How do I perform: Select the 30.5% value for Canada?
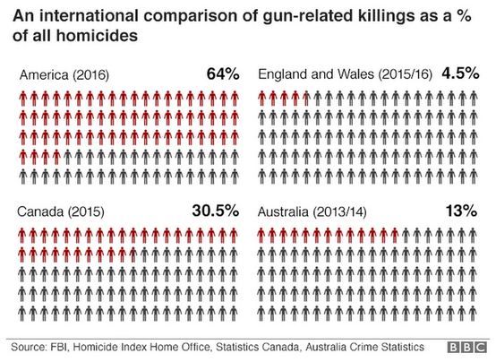coord(215,211)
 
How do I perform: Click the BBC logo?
coord(466,345)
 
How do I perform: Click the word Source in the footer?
coord(31,345)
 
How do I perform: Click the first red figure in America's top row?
coord(23,98)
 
